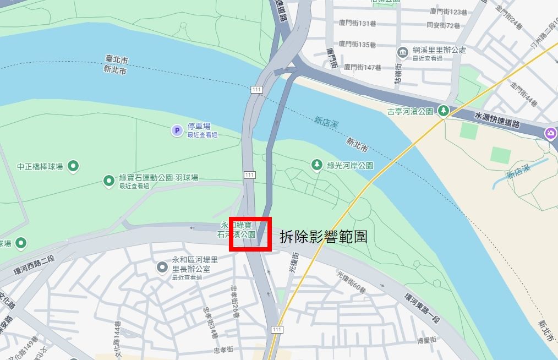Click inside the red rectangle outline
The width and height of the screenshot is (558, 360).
coord(250,234)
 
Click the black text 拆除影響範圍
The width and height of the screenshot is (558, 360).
coord(323,237)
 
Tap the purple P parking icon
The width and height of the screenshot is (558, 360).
coord(177,130)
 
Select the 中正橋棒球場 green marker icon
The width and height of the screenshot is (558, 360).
coord(73,166)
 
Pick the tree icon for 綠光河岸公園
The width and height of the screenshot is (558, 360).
coord(316,164)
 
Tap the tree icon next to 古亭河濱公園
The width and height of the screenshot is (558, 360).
coord(443,111)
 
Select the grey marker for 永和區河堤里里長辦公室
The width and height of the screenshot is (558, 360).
coord(162,268)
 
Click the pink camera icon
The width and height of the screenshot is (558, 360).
coord(550,133)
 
